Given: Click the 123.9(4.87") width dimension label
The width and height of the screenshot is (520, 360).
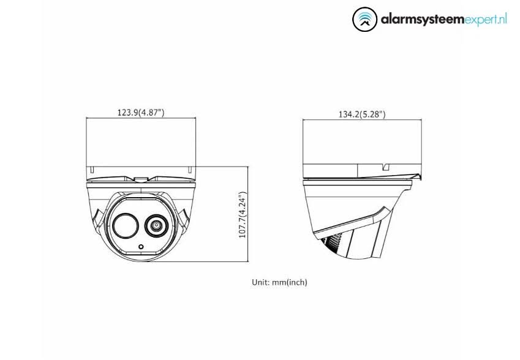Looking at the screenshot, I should coord(140,112).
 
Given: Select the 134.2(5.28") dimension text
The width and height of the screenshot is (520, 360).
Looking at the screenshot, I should coord(361,114).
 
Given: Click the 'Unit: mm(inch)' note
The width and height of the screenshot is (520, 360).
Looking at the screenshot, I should coord(280,282).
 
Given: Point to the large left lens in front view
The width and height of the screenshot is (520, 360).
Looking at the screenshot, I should coord(124,225).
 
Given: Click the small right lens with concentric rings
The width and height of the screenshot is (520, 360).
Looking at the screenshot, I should coord(156,227).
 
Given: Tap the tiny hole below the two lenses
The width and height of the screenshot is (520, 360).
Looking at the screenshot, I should coord(141,247).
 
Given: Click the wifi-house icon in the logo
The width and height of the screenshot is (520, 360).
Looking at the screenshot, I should coord(366,19).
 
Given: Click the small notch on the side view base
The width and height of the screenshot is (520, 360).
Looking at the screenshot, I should coord(386,166).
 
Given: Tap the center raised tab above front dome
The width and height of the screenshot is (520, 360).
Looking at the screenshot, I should coord(141,179).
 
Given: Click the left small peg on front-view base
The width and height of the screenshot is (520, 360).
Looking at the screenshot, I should coord(89,168).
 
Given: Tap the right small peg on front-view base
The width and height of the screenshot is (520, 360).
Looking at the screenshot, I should coord(192,168).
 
